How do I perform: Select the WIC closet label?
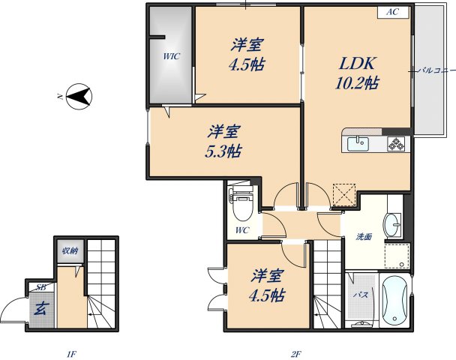(x=171, y=55)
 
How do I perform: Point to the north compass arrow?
(x=79, y=95)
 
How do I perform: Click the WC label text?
(x=242, y=229)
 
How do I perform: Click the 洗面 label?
(x=364, y=237)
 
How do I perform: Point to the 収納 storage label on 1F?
(x=70, y=250)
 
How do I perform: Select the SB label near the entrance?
(x=39, y=287)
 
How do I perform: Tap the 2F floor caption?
(x=296, y=353)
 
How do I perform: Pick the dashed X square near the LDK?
(x=345, y=194)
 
